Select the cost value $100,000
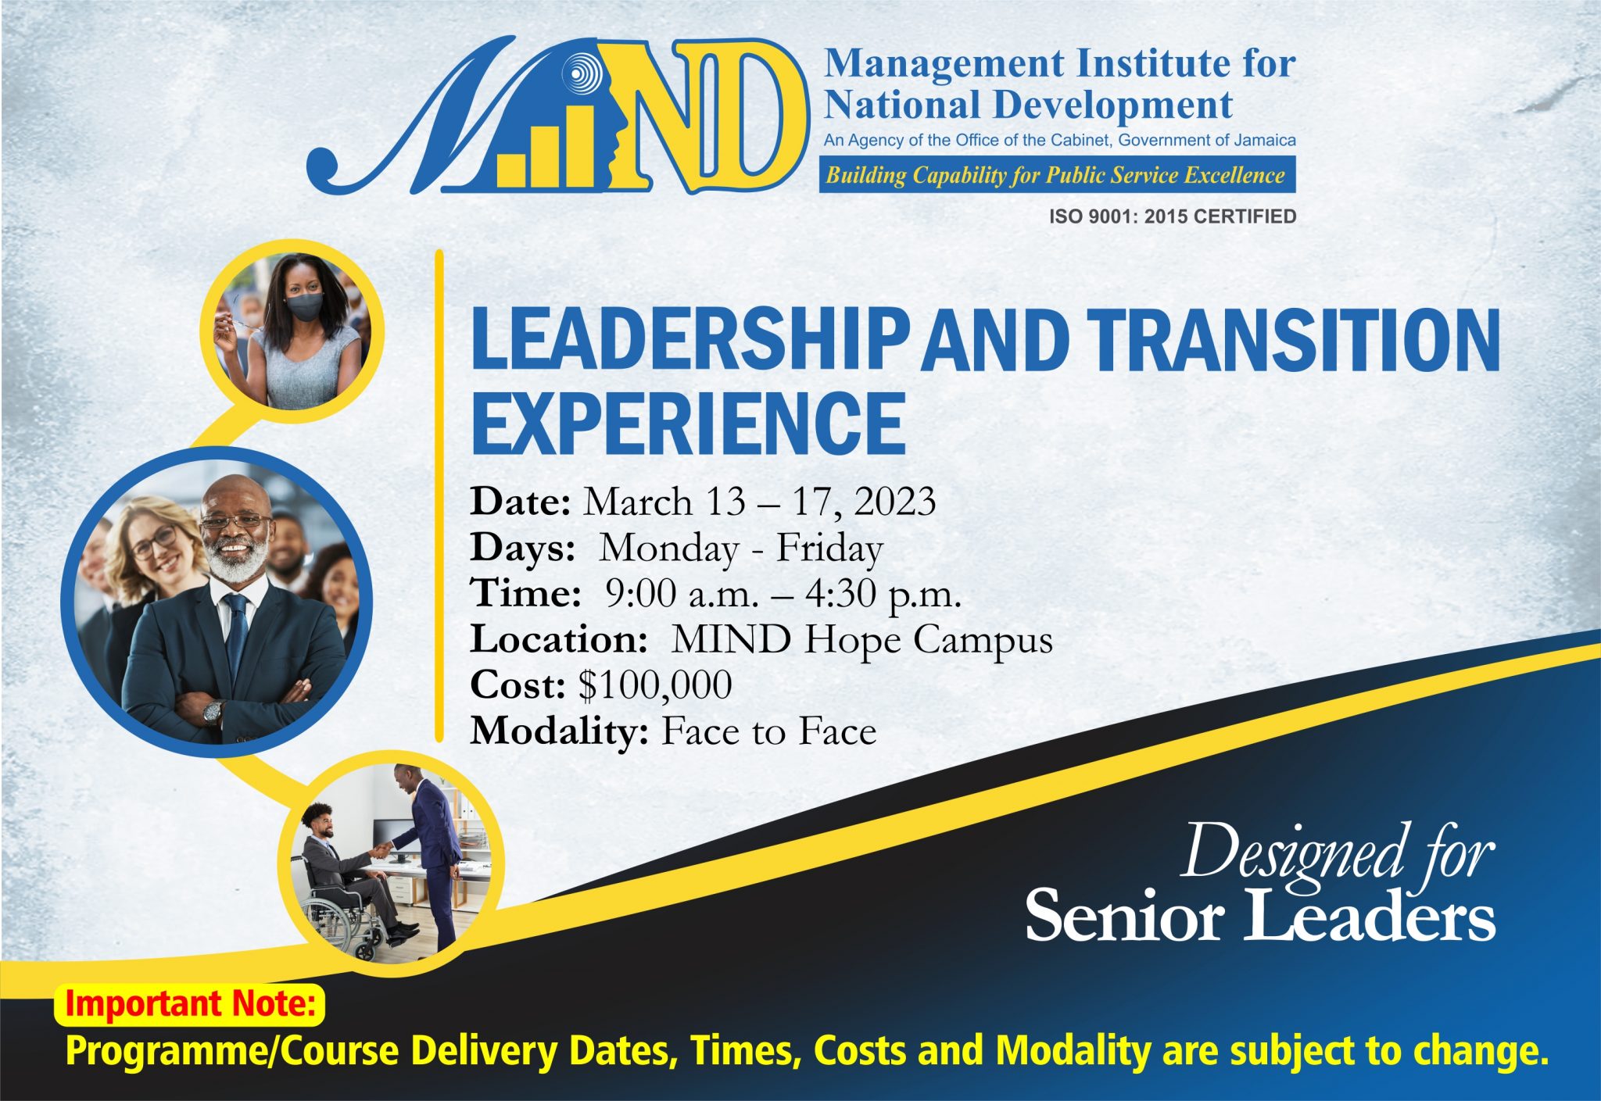pos(655,685)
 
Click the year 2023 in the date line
pos(894,502)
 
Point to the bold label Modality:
pos(559,731)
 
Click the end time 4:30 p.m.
pos(883,595)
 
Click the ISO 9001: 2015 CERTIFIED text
pos(1173,216)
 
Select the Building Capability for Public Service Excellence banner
pos(1055,175)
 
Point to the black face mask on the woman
pos(304,306)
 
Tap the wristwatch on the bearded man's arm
pos(212,712)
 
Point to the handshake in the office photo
pos(381,849)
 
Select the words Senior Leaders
pos(1259,915)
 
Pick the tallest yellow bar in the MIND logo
pos(582,148)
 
